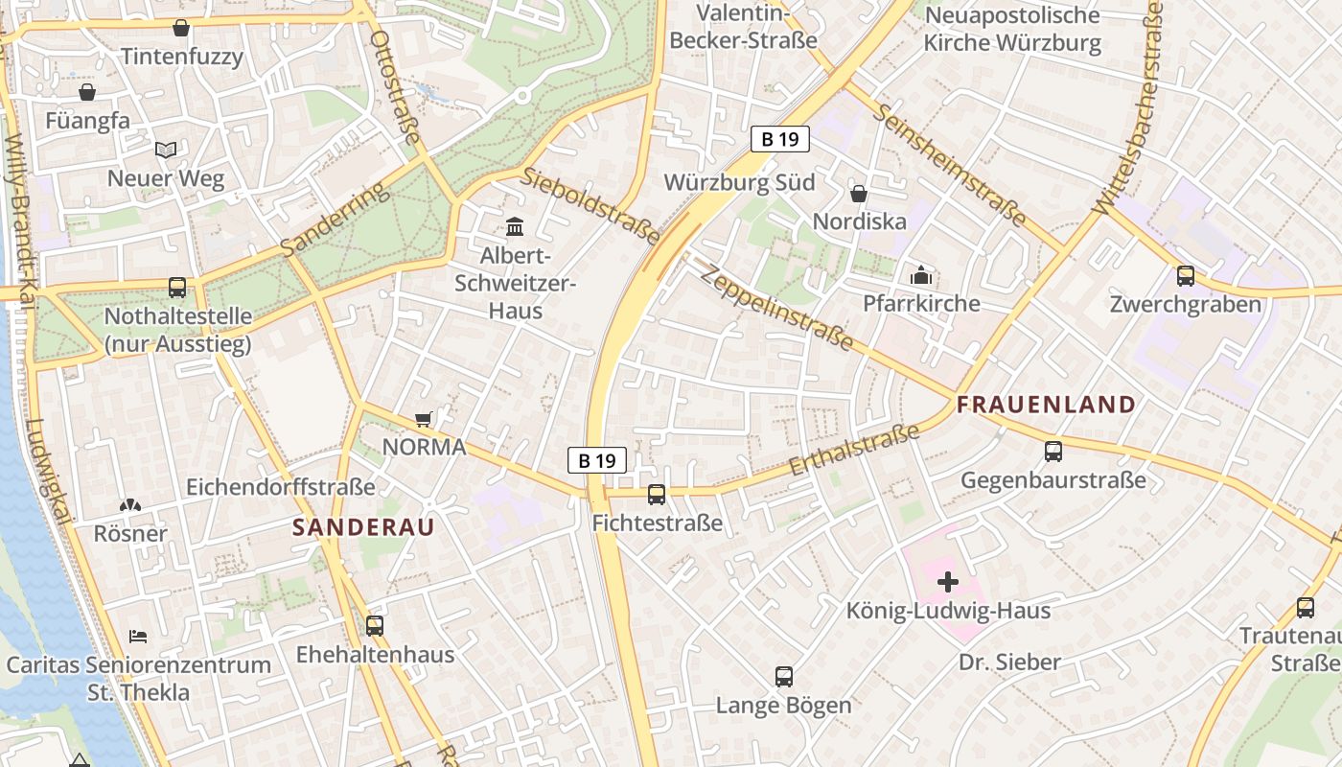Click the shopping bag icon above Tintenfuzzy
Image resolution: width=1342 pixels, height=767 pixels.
point(181,28)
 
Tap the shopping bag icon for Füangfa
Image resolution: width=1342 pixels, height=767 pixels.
point(87,92)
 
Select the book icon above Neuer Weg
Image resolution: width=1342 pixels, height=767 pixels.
point(166,150)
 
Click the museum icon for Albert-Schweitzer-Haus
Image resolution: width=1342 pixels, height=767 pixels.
point(515,227)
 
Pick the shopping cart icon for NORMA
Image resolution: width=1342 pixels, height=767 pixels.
point(423,419)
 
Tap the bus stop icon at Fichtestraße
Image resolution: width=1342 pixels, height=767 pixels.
point(657,495)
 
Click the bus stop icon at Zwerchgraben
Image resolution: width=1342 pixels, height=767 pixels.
point(1186,276)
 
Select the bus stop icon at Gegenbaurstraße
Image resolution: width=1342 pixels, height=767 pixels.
point(1053,451)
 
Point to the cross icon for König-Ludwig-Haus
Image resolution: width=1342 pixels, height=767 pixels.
point(948,581)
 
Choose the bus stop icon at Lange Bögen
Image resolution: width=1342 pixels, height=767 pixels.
point(784,677)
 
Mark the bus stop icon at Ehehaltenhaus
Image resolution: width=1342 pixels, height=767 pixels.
point(375,626)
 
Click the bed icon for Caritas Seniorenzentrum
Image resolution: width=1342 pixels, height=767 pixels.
point(138,637)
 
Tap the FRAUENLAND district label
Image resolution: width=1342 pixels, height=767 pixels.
point(1046,405)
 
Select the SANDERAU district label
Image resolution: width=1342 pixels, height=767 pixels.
point(363,526)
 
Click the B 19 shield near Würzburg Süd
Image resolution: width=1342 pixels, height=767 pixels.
point(779,139)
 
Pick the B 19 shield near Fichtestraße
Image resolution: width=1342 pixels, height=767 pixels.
point(596,460)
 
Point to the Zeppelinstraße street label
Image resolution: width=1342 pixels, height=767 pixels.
point(776,307)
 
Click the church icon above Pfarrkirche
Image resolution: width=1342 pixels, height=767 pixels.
point(921,275)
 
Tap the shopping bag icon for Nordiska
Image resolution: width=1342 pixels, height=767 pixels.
point(859,194)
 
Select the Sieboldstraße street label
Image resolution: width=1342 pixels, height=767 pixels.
point(590,204)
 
